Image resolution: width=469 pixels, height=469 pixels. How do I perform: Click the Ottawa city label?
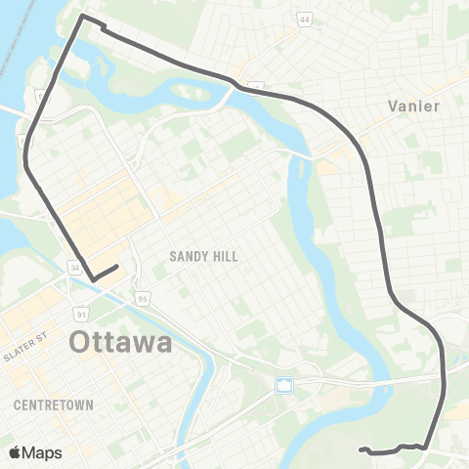(121, 343)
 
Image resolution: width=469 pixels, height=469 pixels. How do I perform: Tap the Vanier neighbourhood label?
(416, 105)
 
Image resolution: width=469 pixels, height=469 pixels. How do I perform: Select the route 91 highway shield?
(82, 314)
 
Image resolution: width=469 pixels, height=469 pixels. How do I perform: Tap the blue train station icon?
(284, 385)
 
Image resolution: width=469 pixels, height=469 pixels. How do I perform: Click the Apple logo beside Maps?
(16, 452)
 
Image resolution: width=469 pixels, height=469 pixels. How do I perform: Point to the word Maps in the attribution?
(42, 452)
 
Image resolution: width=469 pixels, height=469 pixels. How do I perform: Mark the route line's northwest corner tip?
(82, 17)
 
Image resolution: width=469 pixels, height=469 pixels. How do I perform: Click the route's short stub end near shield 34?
(117, 266)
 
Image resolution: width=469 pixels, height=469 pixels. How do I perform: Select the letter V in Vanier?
(394, 105)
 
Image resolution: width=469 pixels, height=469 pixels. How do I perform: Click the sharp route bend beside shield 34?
(95, 280)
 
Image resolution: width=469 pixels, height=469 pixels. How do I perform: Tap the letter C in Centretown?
(20, 404)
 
